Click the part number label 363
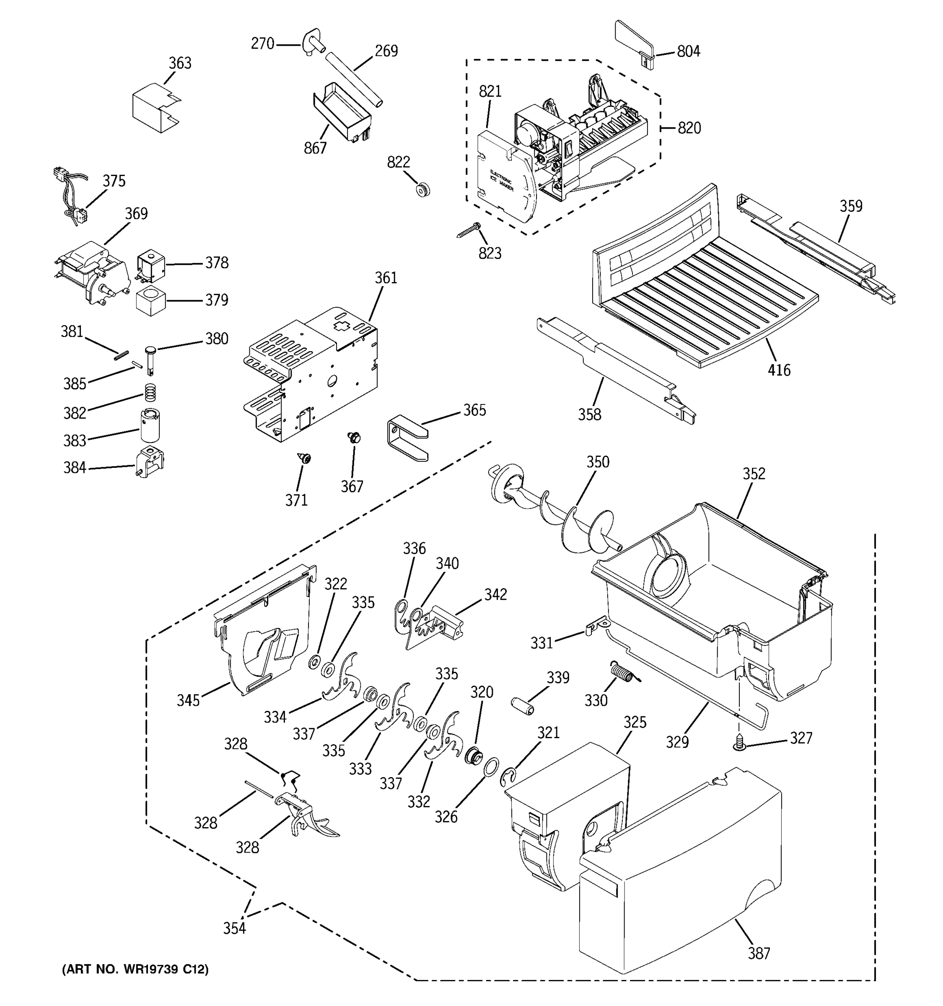(180, 63)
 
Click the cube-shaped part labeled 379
(151, 300)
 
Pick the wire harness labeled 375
(71, 197)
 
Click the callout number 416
(779, 371)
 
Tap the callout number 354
(234, 928)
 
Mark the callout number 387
(759, 953)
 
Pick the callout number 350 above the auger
(598, 462)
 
